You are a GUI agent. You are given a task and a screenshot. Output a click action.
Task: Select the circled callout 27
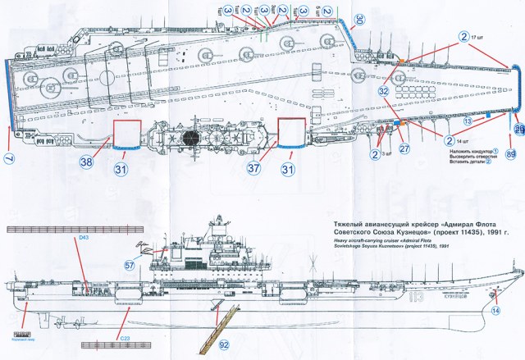[404, 149]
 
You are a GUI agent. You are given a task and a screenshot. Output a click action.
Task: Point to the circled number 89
[512, 153]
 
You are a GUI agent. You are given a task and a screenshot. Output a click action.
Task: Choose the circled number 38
[84, 162]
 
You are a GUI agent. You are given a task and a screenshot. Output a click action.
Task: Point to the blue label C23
[125, 336]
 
